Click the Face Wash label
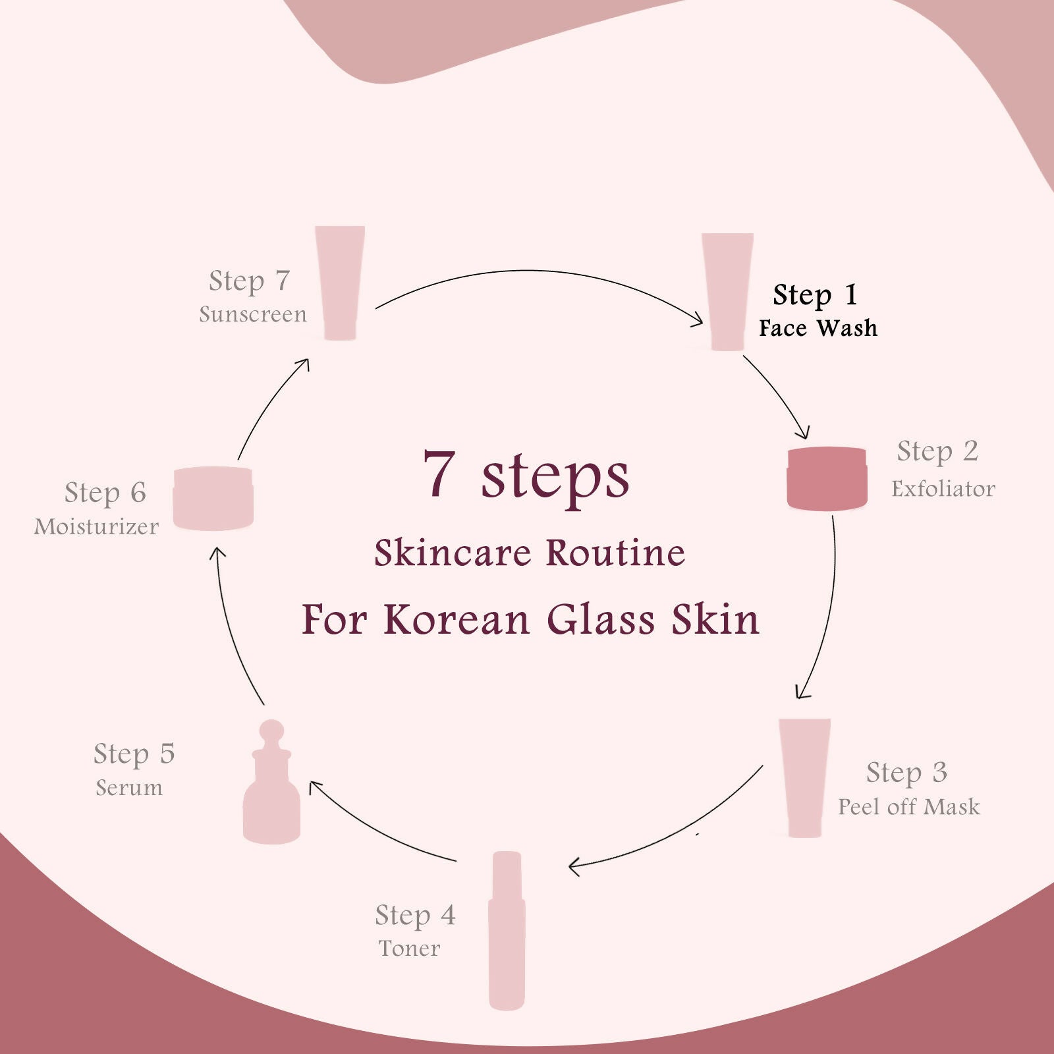click(818, 328)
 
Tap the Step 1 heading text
click(815, 295)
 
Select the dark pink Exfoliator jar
click(827, 479)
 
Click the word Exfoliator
click(943, 489)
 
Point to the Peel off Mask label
click(908, 807)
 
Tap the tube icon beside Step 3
click(804, 777)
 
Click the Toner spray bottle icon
click(507, 930)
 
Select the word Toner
click(409, 949)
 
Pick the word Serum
click(129, 788)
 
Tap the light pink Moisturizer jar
click(213, 499)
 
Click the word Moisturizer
click(96, 527)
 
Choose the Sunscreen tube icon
click(340, 283)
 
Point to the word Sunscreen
click(253, 315)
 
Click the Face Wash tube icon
click(727, 291)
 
